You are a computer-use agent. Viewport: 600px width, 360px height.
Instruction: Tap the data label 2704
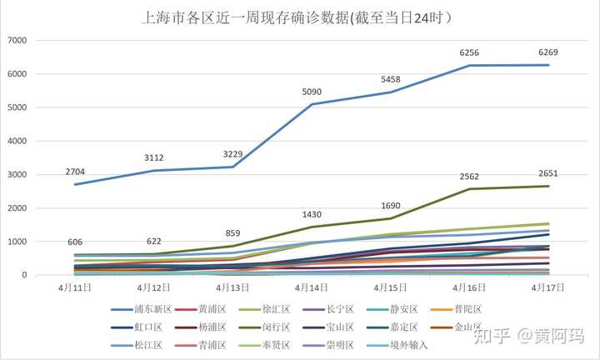pyautogui.click(x=77, y=172)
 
